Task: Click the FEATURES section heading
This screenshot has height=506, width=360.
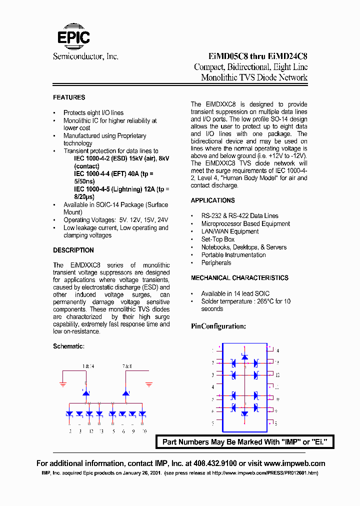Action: click(x=69, y=97)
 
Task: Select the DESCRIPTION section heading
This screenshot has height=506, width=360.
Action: click(x=73, y=250)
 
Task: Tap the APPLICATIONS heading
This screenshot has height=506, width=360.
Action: click(x=212, y=200)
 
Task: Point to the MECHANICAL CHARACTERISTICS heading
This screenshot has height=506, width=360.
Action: click(x=239, y=278)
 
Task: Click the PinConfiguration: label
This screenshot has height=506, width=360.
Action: click(x=218, y=326)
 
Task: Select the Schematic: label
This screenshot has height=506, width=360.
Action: click(x=68, y=346)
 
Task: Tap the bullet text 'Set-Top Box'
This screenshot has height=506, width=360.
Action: click(x=218, y=239)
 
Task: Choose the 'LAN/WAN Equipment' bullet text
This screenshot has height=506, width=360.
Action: click(x=230, y=231)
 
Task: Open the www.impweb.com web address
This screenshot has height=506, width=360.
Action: click(x=294, y=463)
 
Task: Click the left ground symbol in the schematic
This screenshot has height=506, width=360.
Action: click(x=63, y=384)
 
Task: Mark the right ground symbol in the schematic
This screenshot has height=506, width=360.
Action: click(x=149, y=384)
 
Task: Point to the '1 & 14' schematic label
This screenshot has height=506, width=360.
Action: click(x=88, y=366)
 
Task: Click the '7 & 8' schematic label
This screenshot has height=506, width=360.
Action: click(x=127, y=366)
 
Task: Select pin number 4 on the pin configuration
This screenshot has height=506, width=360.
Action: click(x=212, y=387)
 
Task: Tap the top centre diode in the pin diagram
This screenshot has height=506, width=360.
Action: click(x=244, y=356)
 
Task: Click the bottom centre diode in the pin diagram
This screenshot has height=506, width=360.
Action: click(x=244, y=414)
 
